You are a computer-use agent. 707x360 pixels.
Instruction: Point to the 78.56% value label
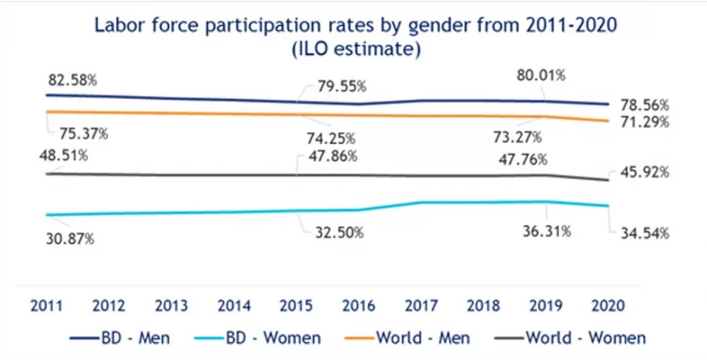[x=642, y=104]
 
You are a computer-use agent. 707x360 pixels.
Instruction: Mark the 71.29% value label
[x=642, y=122]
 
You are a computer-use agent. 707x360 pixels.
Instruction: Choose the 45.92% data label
[x=642, y=171]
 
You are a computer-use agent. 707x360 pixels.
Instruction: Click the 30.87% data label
[x=68, y=238]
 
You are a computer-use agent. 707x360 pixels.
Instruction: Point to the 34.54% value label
[x=642, y=233]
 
